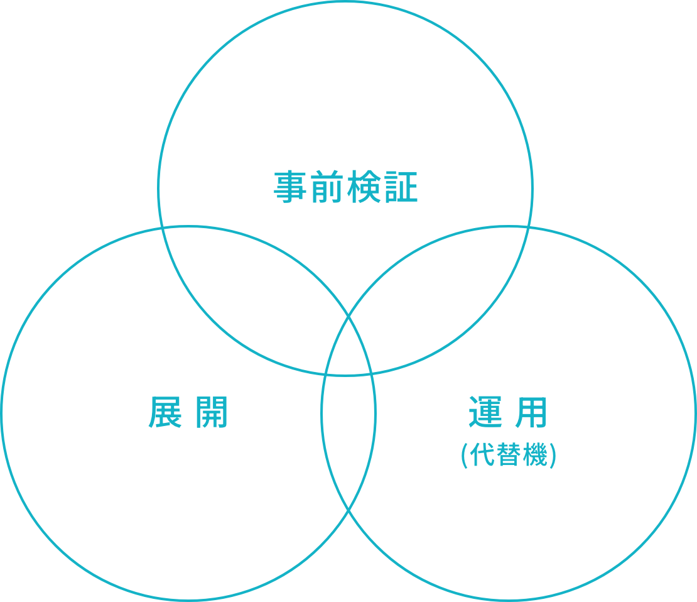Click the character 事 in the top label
click(x=290, y=187)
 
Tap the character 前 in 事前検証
click(x=327, y=187)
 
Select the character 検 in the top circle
click(x=364, y=187)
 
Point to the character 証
click(x=401, y=187)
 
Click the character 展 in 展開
click(x=165, y=412)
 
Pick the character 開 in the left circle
click(x=212, y=412)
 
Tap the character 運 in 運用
click(x=485, y=412)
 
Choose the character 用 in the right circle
click(x=531, y=412)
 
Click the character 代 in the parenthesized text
click(x=482, y=454)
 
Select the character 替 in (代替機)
click(x=509, y=454)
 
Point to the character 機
click(x=535, y=454)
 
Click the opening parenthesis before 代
click(x=465, y=456)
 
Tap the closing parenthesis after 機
click(x=553, y=456)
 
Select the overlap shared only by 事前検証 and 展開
click(x=254, y=289)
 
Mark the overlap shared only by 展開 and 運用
click(x=348, y=441)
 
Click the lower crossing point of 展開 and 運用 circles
click(x=348, y=511)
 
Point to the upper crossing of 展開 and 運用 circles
click(x=348, y=316)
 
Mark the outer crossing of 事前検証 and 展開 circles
click(x=162, y=228)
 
